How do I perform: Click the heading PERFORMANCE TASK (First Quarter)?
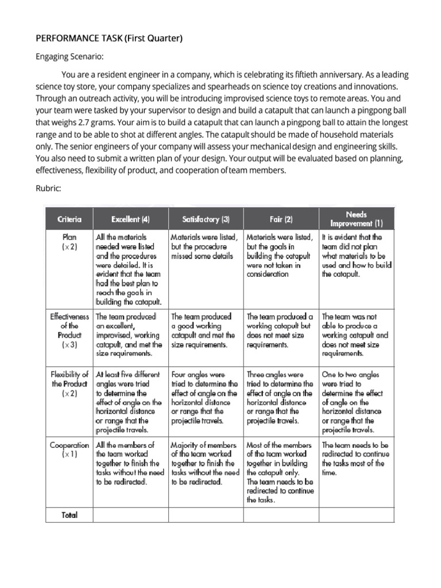109,38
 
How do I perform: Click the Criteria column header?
69,219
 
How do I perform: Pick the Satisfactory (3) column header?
206,219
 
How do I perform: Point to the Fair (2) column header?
281,219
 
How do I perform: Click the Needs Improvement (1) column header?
357,218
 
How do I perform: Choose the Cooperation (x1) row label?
69,449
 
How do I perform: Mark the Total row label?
69,515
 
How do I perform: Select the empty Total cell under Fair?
281,515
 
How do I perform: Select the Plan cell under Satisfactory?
206,246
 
